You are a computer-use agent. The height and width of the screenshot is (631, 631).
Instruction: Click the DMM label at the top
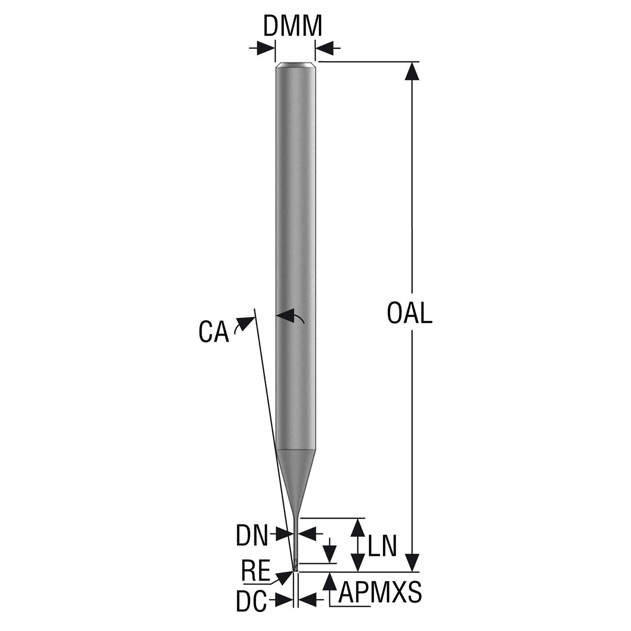coord(292,26)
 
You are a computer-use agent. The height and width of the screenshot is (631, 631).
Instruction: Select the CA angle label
coord(213,332)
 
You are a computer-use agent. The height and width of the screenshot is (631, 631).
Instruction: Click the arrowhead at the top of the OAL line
coord(412,71)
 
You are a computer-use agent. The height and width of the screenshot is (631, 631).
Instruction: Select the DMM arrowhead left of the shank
coord(266,48)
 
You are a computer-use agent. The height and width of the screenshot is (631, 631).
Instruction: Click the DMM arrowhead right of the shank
coord(324,48)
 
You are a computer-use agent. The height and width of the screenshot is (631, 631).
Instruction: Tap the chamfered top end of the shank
coord(296,65)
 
